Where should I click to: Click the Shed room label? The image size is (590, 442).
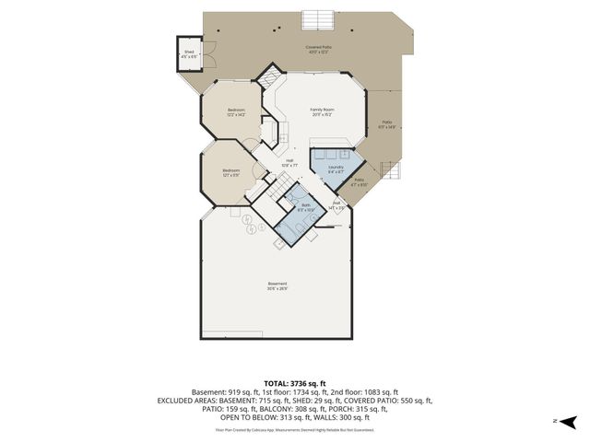[189, 53]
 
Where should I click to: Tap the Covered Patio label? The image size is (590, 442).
[319, 50]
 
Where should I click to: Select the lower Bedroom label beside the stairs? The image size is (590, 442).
[230, 172]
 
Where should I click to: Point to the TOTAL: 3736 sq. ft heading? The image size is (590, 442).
[295, 383]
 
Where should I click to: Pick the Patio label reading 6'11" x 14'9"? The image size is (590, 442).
[385, 125]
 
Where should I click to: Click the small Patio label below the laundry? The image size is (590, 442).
[360, 182]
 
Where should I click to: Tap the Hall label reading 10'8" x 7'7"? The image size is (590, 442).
[289, 163]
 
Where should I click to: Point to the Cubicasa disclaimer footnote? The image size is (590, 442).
[295, 429]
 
